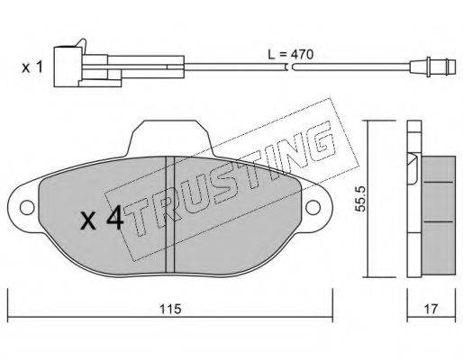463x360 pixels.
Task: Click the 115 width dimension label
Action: tap(170, 309)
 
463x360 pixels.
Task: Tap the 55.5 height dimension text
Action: tap(359, 198)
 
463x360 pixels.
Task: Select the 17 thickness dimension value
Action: tap(431, 309)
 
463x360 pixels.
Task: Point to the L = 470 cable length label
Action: tap(290, 55)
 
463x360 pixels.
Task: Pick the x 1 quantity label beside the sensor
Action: tap(32, 67)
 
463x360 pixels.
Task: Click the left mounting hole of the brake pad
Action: tap(27, 208)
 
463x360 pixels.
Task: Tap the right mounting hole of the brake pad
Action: tap(313, 207)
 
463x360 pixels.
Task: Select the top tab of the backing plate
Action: tap(170, 138)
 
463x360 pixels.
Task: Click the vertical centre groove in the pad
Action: tap(170, 214)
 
